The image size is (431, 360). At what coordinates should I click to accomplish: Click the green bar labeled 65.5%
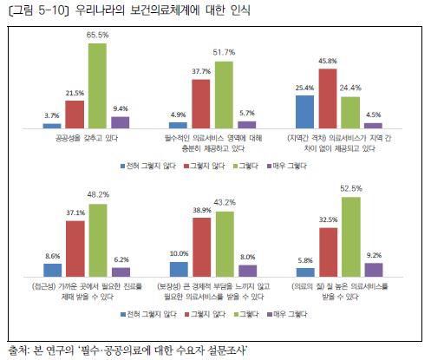pos(97,86)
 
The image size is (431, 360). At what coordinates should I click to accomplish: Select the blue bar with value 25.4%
pos(303,112)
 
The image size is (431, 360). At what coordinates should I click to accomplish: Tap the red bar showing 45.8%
pos(327,98)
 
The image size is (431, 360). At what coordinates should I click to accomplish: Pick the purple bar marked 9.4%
pos(121,122)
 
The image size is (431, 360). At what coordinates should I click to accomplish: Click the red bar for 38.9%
pos(203,247)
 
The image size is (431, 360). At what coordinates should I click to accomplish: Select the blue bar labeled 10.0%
pos(180,269)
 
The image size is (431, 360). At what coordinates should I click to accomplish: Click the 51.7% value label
pos(224,54)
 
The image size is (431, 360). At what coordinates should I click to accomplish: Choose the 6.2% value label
pos(121,259)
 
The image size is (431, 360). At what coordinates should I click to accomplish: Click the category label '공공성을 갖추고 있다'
pos(86,138)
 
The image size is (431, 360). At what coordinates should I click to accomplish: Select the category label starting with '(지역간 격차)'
pos(338,143)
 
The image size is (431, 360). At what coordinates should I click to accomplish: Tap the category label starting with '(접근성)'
pos(86,290)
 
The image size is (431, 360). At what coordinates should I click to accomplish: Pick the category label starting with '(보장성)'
pos(212,290)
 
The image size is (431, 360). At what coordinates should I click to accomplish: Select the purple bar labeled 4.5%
pos(373,125)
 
